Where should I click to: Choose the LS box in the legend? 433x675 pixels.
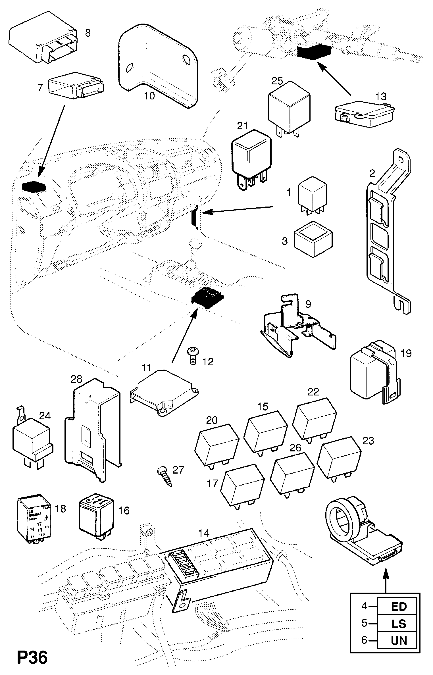click(399, 624)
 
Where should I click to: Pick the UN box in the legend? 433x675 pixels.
click(399, 640)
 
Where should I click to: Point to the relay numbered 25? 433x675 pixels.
click(289, 108)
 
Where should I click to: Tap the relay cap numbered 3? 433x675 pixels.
click(313, 239)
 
